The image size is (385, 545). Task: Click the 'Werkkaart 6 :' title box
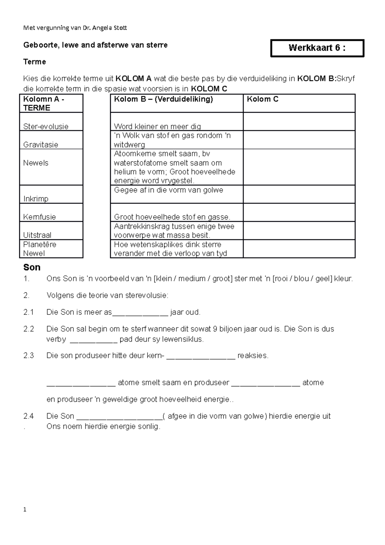(317, 48)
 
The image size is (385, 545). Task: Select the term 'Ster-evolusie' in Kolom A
(46, 126)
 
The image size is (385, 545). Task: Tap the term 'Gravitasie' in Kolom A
(40, 145)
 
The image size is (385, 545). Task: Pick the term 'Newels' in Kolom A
(36, 163)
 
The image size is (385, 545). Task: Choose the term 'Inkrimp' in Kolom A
(36, 199)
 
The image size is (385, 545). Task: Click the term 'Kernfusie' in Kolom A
(39, 217)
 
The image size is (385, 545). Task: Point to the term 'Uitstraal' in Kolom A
(37, 235)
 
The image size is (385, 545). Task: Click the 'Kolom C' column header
(262, 99)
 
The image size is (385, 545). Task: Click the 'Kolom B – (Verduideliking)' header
(163, 99)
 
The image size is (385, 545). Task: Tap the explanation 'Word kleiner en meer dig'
(158, 126)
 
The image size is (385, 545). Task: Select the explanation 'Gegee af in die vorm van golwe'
(168, 190)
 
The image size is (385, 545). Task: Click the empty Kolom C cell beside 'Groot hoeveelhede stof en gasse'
(299, 212)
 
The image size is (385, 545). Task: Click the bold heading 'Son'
(32, 267)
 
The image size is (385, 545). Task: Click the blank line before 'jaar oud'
(140, 313)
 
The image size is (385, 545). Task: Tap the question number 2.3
(29, 356)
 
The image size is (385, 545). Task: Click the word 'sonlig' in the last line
(148, 427)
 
